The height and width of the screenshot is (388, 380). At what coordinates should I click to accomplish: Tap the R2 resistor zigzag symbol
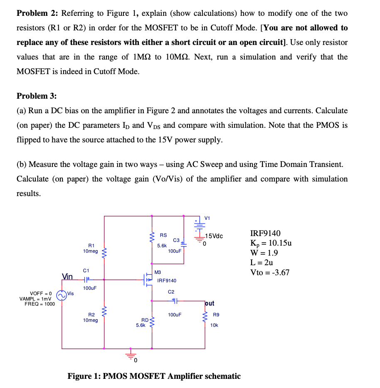tap(104, 313)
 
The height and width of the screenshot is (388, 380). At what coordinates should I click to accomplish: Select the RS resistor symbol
tap(152, 237)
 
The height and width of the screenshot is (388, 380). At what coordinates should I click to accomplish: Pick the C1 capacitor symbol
tap(86, 280)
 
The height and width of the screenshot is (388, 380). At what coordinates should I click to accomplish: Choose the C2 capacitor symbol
tap(175, 300)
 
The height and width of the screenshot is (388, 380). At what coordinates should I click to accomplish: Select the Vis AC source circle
tap(62, 295)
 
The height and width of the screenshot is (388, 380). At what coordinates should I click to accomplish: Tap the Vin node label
tap(67, 276)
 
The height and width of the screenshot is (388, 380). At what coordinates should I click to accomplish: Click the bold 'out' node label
tap(210, 303)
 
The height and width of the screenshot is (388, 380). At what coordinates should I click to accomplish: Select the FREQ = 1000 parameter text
tap(40, 303)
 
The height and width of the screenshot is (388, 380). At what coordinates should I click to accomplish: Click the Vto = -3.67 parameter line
tap(270, 273)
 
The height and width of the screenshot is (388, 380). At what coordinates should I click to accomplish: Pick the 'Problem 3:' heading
tap(36, 96)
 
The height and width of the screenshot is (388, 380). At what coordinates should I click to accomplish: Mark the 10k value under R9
tap(214, 325)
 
